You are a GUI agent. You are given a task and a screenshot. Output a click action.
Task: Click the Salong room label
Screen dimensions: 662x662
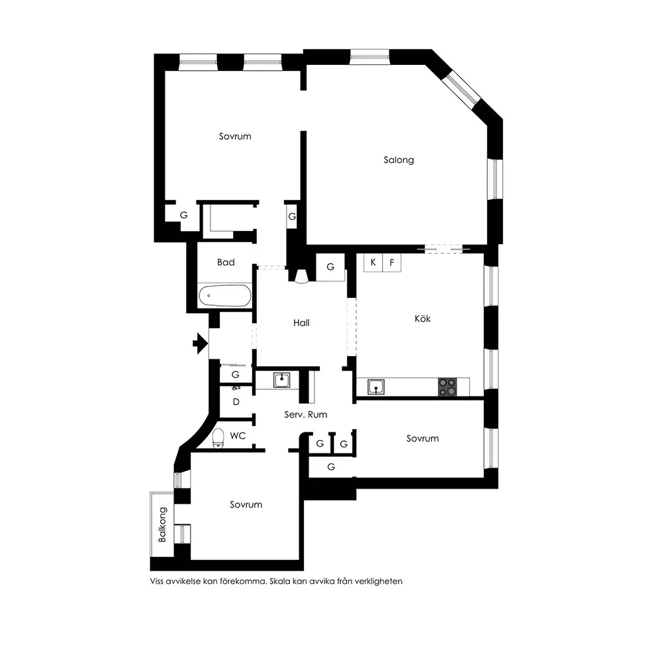399,160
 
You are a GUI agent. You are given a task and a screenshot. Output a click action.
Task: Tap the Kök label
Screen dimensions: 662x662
422,318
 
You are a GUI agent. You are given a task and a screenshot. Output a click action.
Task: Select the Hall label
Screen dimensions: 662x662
301,323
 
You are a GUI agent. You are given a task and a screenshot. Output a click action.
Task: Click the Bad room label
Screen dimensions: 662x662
226,262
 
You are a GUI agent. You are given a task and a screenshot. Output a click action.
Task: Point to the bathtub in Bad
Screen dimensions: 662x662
224,296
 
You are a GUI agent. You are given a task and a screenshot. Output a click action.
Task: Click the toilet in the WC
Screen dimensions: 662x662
218,438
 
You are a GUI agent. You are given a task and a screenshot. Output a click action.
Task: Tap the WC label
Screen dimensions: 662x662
238,436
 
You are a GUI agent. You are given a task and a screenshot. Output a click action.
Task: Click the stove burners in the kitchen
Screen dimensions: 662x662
447,387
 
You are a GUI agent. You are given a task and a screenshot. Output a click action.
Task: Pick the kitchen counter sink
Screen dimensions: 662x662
376,387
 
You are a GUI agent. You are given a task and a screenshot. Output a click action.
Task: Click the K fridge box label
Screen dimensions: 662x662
373,262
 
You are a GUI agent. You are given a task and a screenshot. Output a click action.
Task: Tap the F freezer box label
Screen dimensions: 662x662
392,263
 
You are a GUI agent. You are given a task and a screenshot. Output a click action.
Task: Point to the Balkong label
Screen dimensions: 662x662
163,524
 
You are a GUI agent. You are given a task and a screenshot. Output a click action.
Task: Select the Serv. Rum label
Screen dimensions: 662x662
306,414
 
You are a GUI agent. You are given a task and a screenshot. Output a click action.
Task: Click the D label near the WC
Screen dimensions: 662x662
236,402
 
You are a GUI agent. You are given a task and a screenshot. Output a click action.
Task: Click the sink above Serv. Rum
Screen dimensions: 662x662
281,379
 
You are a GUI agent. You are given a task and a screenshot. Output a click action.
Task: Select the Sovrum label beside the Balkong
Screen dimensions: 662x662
246,504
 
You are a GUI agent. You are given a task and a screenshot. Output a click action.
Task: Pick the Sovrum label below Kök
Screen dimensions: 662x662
422,438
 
